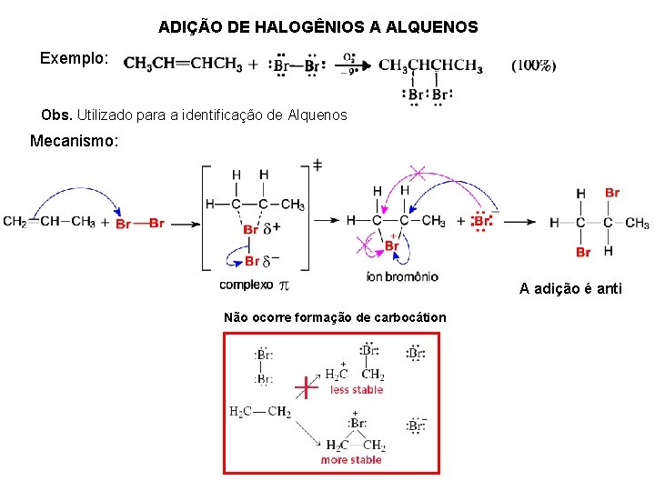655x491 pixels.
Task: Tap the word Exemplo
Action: coord(74,58)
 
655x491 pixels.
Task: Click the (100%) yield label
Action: coord(534,65)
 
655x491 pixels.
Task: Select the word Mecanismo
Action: coord(74,141)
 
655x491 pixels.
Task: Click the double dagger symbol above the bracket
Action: coord(317,165)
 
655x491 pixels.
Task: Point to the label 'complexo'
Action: coord(246,285)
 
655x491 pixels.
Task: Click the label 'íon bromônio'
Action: coord(401,276)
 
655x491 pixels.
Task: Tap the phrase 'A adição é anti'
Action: coord(570,289)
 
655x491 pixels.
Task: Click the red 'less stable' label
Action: coord(357,390)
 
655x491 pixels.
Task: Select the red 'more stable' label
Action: coord(351,460)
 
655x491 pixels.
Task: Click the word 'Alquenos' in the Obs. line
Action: coord(317,115)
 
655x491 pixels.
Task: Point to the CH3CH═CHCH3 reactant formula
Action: coord(183,65)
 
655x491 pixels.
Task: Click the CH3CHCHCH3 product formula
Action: coord(430,65)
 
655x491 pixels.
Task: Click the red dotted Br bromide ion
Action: coord(482,221)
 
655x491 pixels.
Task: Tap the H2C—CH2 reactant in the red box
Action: coord(260,413)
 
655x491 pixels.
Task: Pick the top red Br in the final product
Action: coord(611,193)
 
